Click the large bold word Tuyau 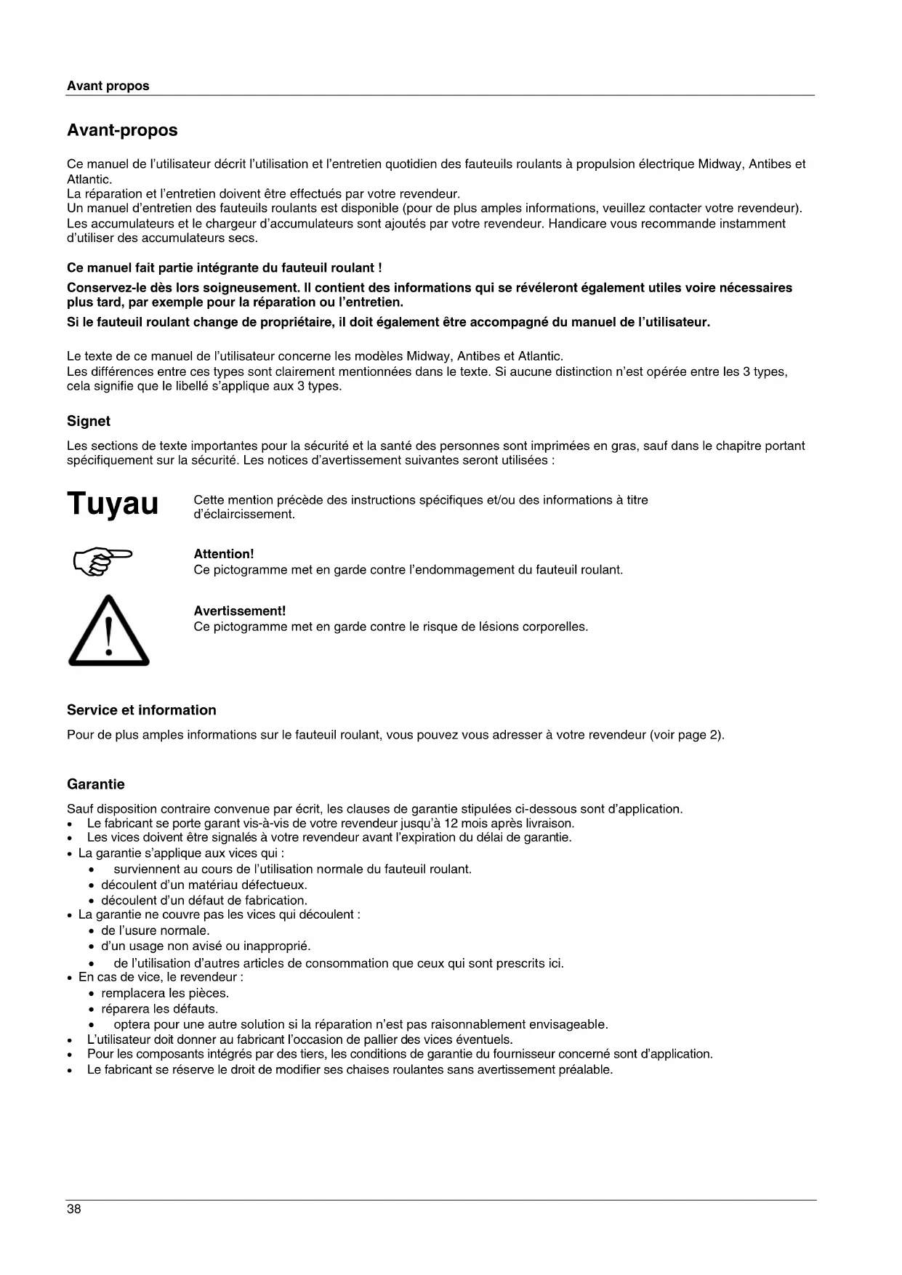[113, 504]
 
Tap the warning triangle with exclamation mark [109, 631]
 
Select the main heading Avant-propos [122, 131]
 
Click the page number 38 [74, 1210]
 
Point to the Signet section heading [89, 422]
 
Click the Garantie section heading [96, 784]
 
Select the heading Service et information [142, 710]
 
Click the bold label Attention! [224, 555]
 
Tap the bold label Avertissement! [240, 611]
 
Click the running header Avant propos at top [108, 86]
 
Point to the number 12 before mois [451, 824]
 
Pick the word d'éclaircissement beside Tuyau [244, 515]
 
